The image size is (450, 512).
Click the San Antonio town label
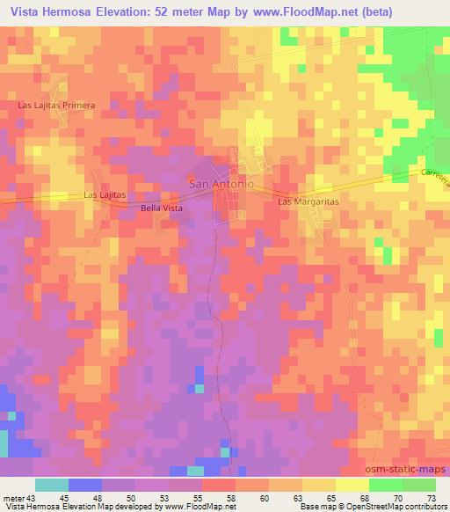221,185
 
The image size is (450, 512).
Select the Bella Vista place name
161,208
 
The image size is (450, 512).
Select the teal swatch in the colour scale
52,485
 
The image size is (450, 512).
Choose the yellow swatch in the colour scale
352,485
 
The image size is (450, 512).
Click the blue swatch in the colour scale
85,485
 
